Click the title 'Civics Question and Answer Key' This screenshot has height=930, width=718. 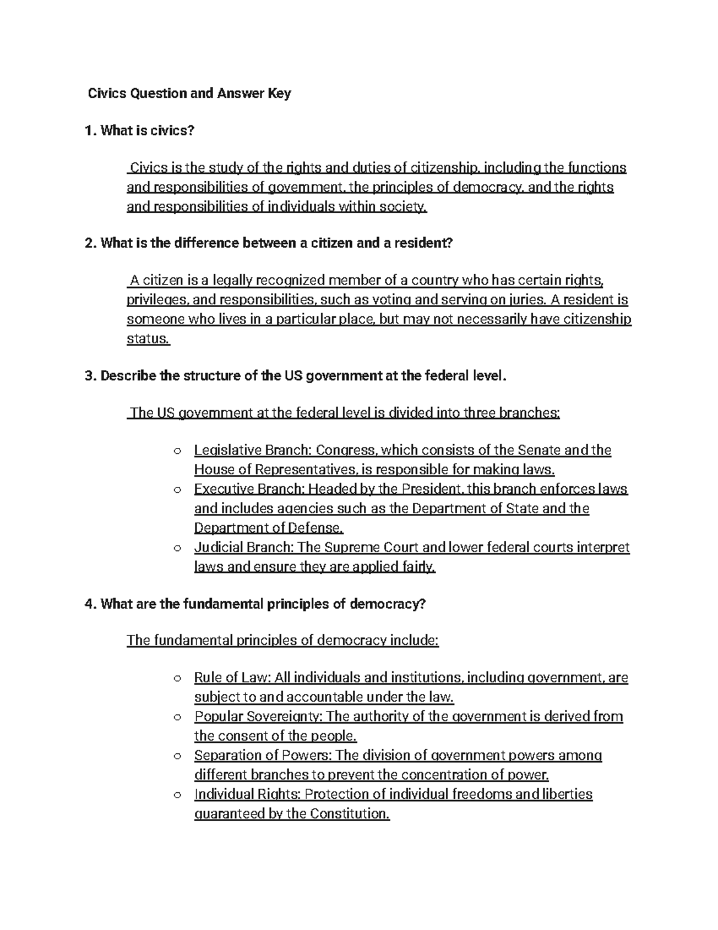[x=189, y=93]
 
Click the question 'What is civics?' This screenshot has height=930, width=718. [x=147, y=131]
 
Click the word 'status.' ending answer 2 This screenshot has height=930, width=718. [x=148, y=339]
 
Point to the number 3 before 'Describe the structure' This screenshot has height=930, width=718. [x=90, y=376]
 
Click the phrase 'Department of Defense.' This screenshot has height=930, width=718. [x=269, y=528]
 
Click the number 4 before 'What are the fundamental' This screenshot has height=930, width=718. [x=90, y=604]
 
